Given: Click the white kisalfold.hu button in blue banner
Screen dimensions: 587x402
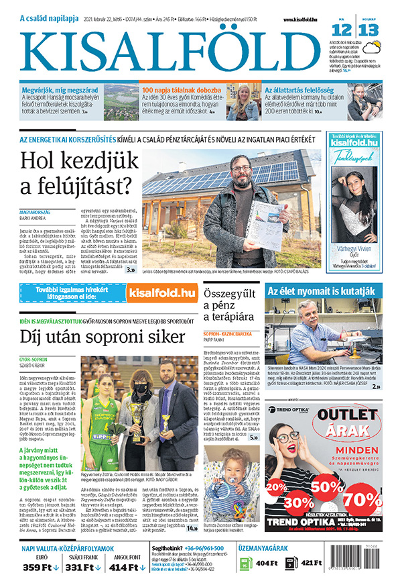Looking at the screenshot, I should [166, 292].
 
